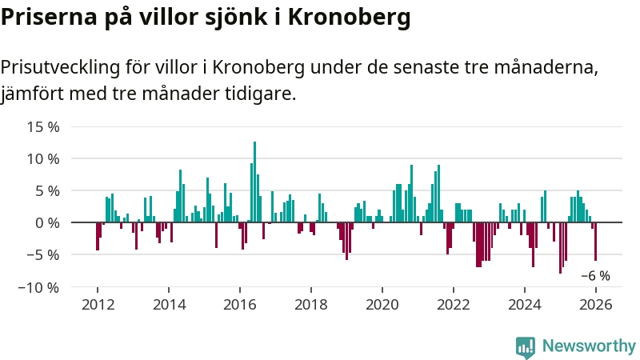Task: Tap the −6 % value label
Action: (x=594, y=276)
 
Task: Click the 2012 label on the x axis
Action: (x=98, y=304)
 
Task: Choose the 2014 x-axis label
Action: (x=169, y=304)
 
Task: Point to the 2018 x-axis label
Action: (x=311, y=304)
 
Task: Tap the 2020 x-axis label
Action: (x=382, y=304)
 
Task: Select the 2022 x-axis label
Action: (x=454, y=304)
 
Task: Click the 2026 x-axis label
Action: (x=596, y=304)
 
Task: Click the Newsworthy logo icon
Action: (x=526, y=346)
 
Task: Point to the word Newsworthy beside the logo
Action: (x=589, y=346)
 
